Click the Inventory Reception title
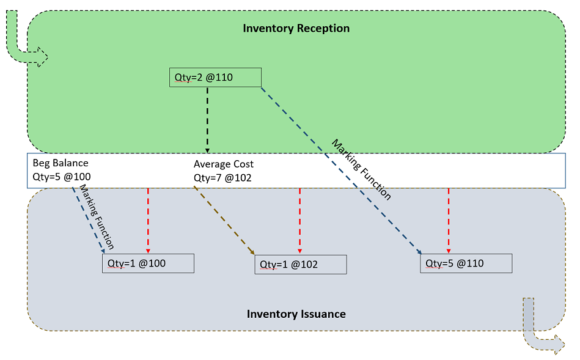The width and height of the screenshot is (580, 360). tap(296, 29)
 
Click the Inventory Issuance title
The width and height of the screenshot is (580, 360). tap(296, 314)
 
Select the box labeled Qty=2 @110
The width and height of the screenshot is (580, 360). tap(215, 78)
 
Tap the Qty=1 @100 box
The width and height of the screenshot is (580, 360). tap(148, 263)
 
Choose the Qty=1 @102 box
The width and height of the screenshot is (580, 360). tap(301, 265)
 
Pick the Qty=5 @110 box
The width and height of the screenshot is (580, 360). tap(466, 263)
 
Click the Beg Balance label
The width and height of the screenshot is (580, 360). tap(61, 163)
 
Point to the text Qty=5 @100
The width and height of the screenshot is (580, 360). tap(62, 177)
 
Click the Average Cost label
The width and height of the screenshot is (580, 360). tap(224, 164)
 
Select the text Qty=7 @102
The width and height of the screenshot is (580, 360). tap(222, 178)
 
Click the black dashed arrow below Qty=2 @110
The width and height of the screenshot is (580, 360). tap(208, 120)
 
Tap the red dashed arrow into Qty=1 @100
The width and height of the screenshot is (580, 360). tap(148, 221)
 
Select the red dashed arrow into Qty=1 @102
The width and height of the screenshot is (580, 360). tap(299, 221)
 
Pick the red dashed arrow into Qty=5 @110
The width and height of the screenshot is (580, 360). tap(449, 221)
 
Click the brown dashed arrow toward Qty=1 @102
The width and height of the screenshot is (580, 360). tap(224, 221)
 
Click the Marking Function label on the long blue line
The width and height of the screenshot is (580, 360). tap(361, 170)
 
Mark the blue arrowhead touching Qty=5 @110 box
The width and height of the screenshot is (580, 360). tap(419, 252)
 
